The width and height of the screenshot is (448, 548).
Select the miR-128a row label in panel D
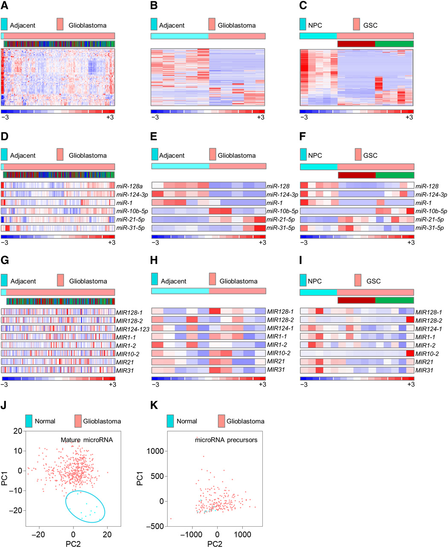pos(130,186)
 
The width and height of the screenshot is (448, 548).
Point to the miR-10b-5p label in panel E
pos(282,211)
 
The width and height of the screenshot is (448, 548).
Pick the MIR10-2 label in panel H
pos(279,354)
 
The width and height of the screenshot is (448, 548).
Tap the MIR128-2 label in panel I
pos(428,320)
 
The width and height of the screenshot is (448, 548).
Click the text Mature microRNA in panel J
pos(87,440)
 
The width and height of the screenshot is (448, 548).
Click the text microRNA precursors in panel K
pos(226,440)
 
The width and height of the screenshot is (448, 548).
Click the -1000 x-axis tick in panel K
pos(192,534)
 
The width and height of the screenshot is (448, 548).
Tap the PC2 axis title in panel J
pos(73,544)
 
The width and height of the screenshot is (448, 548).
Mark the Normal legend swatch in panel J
pos(29,421)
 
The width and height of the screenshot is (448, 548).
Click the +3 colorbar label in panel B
pos(261,118)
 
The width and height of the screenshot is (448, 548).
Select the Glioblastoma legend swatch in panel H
pos(212,279)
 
